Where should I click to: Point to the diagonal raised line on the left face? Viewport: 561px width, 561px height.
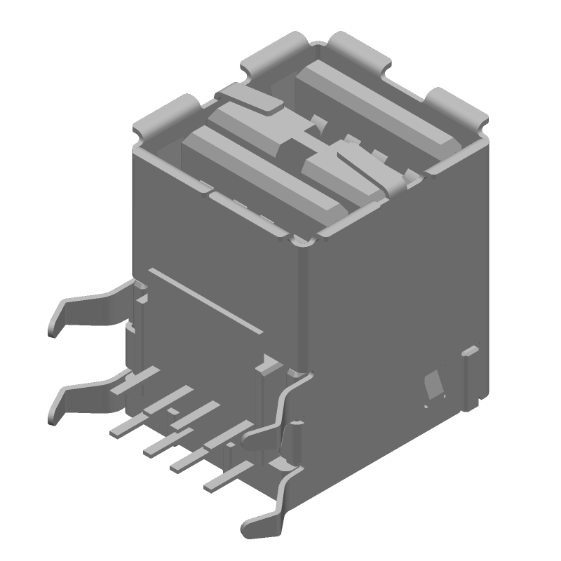(207, 302)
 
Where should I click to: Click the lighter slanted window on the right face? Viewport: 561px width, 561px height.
(433, 386)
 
